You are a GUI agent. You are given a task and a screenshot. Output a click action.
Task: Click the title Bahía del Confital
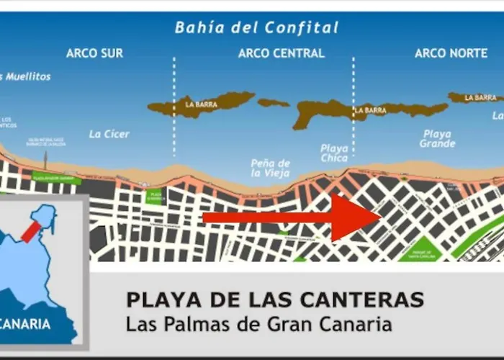257,28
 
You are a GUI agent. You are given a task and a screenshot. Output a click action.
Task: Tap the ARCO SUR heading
94,53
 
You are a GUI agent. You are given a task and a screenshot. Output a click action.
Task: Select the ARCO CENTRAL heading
281,53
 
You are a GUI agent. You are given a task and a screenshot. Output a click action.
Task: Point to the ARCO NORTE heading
451,53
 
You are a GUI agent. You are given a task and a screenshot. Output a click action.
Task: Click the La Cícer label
109,134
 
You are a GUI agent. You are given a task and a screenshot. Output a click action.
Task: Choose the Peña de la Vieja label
271,168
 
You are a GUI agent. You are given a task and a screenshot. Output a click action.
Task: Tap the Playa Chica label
334,153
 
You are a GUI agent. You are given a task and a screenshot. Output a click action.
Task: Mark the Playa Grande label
437,138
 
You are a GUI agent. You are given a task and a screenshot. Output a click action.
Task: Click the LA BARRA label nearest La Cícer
201,104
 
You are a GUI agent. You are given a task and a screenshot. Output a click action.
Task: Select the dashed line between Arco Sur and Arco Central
174,108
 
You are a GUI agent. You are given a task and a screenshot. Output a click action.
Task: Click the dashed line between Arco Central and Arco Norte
353,108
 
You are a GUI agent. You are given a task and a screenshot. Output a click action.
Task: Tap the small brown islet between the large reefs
274,102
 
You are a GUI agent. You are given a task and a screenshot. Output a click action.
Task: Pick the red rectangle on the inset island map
31,232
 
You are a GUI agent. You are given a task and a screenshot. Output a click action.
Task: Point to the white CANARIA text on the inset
26,324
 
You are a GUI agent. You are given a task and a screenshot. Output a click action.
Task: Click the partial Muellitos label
27,76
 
